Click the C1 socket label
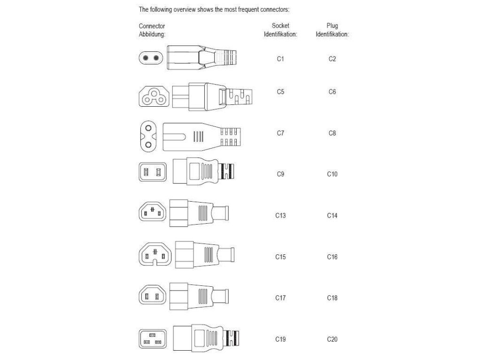point(280,59)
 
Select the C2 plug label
point(332,59)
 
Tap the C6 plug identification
point(332,92)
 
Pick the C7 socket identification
point(280,133)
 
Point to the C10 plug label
point(332,174)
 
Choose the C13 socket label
point(280,215)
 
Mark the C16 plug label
point(332,257)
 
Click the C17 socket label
point(280,298)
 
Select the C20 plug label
point(332,339)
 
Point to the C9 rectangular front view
point(153,172)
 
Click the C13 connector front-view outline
point(153,213)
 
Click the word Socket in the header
point(280,25)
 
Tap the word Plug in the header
point(332,25)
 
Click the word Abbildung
point(152,34)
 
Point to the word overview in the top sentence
point(178,9)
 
